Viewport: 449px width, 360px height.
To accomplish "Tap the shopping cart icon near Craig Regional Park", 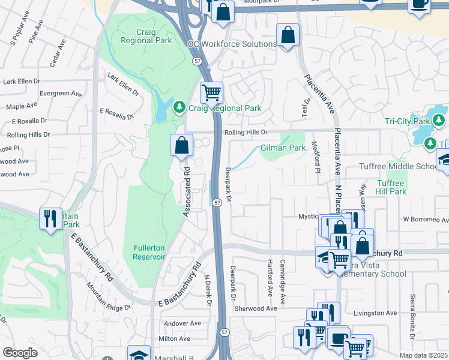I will (211, 92).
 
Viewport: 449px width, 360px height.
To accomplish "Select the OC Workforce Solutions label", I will (232, 44).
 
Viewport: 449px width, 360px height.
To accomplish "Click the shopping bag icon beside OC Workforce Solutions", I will (288, 35).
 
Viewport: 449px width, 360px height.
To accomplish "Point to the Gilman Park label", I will (283, 148).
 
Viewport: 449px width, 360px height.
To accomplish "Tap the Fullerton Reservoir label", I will (148, 252).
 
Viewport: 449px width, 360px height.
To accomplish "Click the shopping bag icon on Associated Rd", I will (181, 145).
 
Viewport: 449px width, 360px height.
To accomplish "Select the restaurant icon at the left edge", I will (49, 217).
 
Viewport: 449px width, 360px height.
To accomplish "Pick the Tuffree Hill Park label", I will (391, 187).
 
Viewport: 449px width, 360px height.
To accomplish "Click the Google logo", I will (20, 353).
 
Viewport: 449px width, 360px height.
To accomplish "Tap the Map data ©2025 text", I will (423, 355).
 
